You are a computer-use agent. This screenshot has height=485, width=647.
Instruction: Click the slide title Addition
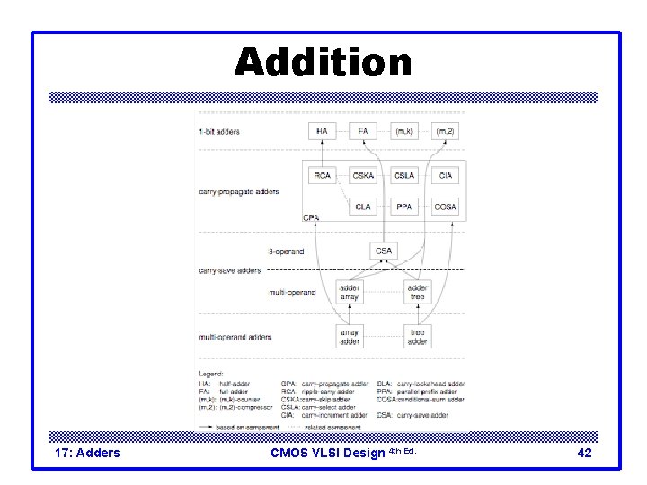click(323, 63)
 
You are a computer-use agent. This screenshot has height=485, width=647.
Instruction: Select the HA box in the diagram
click(322, 132)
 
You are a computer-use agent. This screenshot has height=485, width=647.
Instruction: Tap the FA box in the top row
click(364, 132)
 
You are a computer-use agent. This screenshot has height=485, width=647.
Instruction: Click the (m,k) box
click(404, 132)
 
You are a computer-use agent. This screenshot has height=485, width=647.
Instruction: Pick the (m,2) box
click(446, 132)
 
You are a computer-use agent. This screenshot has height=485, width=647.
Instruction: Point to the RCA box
click(322, 176)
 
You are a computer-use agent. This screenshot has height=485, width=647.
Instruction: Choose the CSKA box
click(364, 176)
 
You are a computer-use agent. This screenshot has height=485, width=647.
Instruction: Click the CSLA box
click(404, 176)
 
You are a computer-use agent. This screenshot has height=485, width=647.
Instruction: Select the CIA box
click(446, 176)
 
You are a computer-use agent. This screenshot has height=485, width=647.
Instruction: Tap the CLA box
click(364, 207)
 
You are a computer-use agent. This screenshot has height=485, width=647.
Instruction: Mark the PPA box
click(404, 207)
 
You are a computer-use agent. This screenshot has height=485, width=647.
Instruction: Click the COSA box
click(446, 207)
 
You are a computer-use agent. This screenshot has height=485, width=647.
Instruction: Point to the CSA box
click(384, 251)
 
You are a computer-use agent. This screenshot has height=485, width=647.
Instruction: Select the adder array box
click(350, 292)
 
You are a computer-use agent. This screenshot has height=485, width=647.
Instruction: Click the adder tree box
click(418, 292)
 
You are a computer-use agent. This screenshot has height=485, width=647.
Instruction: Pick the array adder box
click(350, 337)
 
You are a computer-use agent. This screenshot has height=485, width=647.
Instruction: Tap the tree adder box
click(418, 337)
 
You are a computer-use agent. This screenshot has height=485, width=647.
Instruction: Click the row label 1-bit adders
click(219, 133)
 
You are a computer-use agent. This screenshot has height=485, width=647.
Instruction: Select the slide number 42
click(584, 453)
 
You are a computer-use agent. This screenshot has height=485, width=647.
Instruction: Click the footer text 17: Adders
click(87, 453)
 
